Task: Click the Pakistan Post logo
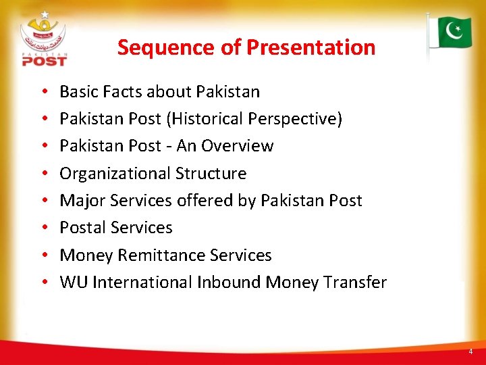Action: (45, 39)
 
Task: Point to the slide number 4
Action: (470, 351)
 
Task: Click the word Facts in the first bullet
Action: (120, 91)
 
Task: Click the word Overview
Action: (238, 146)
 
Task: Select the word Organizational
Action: (115, 174)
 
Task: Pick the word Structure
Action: (211, 174)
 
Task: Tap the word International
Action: (142, 283)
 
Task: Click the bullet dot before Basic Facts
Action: (43, 92)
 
